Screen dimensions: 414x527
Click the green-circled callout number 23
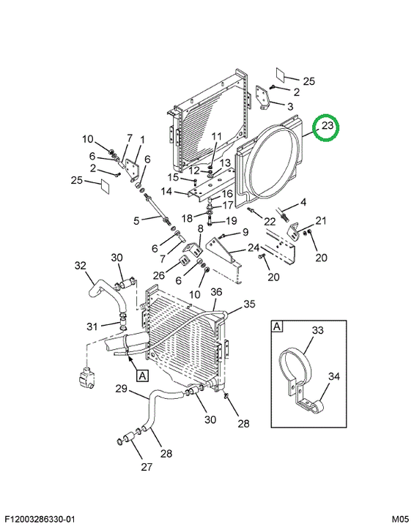(327, 126)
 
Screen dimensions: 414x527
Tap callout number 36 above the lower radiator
(216, 292)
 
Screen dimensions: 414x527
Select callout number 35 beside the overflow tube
(249, 304)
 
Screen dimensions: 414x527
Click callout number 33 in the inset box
(317, 330)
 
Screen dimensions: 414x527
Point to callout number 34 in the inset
(334, 376)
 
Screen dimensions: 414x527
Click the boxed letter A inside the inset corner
(277, 326)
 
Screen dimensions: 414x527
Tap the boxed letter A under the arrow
(142, 375)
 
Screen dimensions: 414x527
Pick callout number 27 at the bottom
(147, 466)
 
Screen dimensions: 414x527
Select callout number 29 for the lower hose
(121, 389)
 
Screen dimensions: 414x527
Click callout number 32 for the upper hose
(81, 266)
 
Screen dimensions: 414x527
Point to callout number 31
(92, 326)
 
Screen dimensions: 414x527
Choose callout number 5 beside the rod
(136, 221)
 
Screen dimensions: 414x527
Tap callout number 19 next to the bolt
(232, 221)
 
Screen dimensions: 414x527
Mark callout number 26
(159, 276)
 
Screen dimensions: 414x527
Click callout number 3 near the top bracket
(290, 107)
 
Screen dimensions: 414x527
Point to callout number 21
(321, 221)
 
